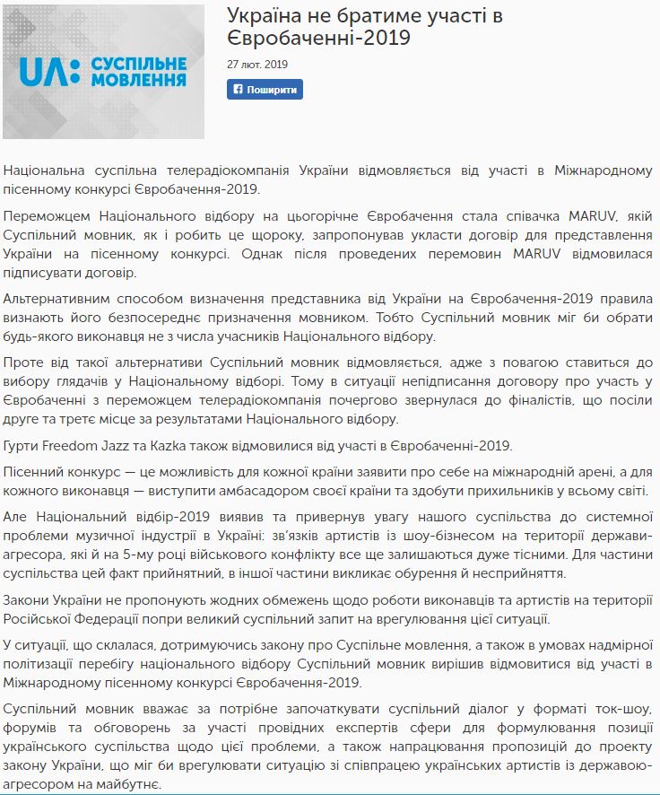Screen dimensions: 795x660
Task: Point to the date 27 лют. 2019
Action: tap(257, 65)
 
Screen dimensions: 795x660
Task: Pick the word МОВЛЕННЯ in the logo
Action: tap(134, 81)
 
